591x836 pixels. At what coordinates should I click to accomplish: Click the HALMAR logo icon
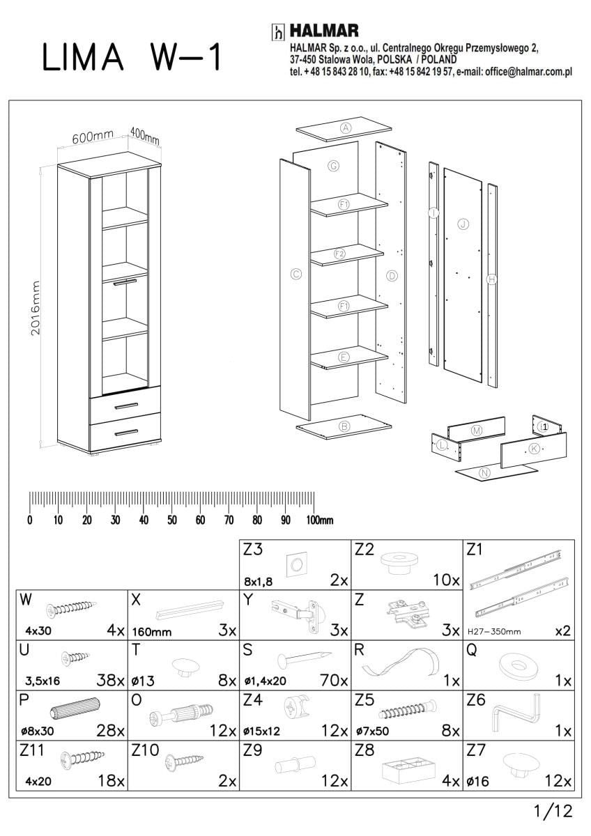[277, 32]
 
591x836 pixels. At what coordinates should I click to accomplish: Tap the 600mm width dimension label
[93, 137]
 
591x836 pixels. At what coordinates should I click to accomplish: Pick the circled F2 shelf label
[339, 254]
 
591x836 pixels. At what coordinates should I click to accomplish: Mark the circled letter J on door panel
[462, 224]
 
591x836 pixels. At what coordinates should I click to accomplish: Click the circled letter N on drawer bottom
[485, 473]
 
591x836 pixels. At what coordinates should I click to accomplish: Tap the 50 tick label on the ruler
[171, 520]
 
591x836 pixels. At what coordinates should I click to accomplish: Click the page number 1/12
[552, 811]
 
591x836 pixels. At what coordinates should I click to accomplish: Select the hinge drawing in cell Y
[296, 612]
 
